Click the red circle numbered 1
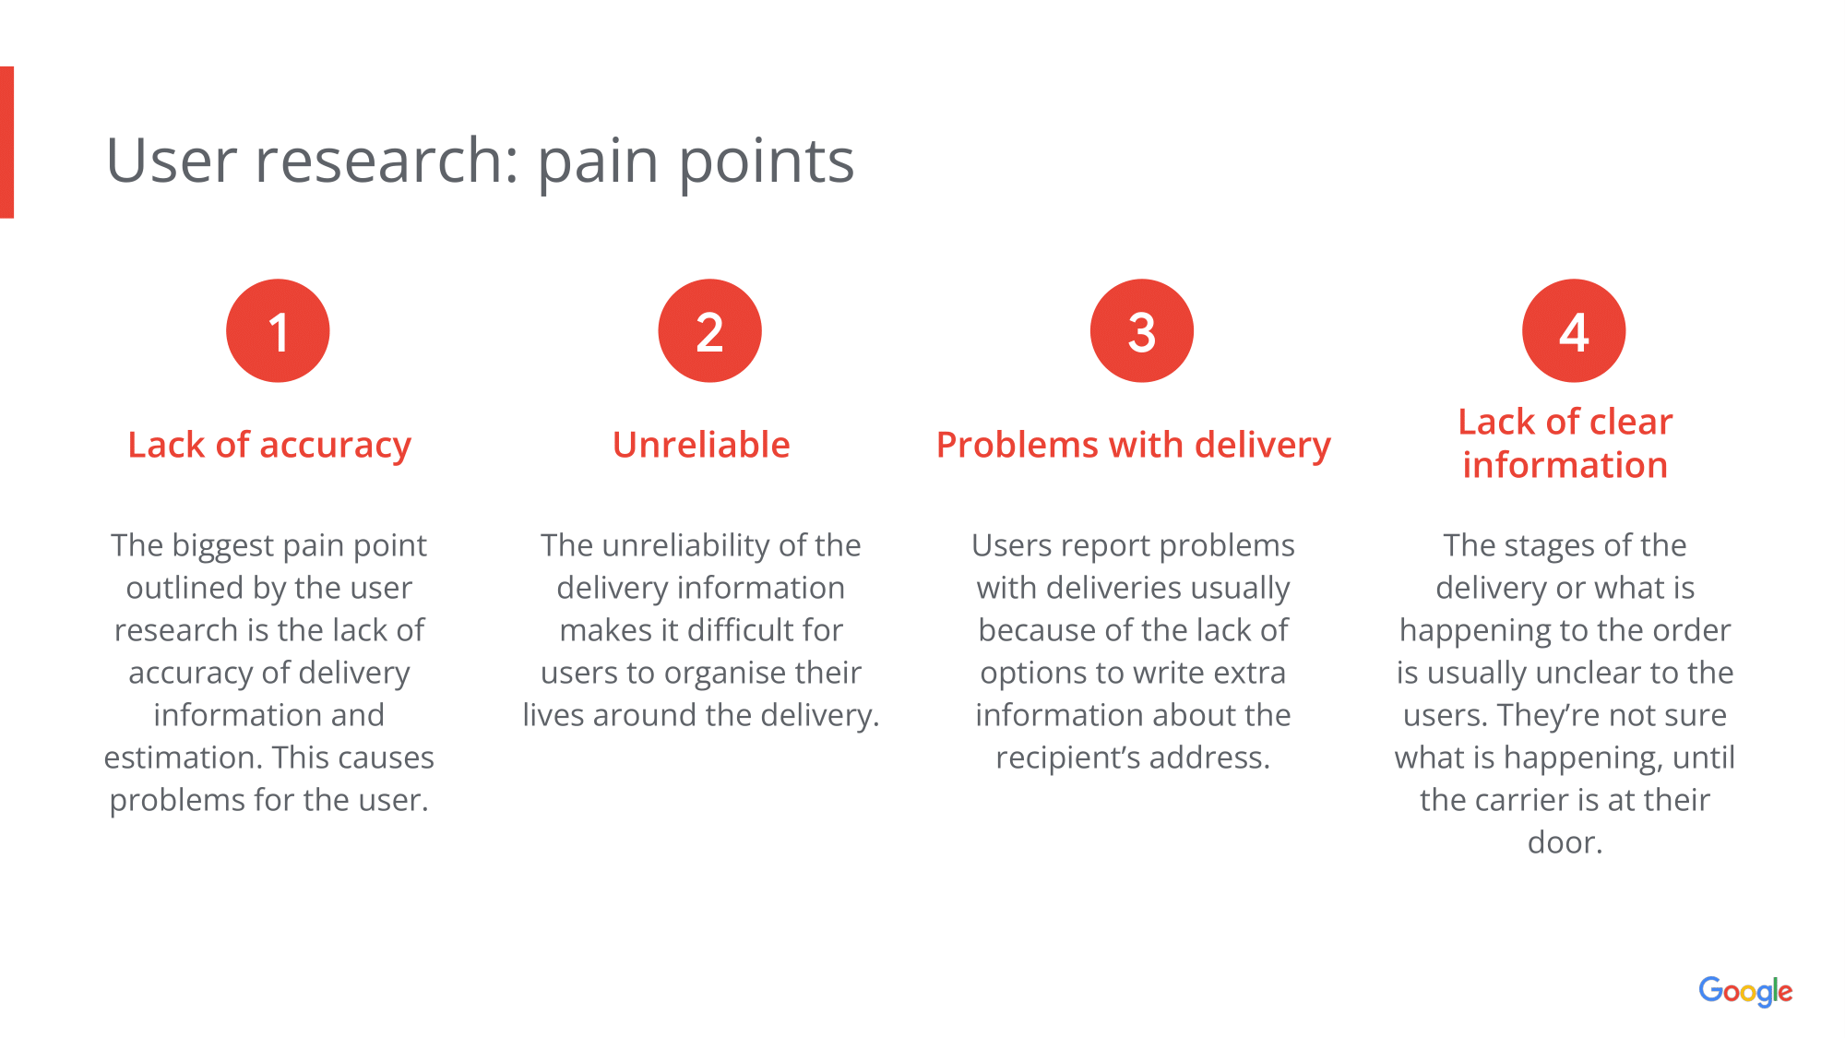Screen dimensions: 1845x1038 click(278, 330)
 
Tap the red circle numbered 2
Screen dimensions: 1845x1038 click(709, 330)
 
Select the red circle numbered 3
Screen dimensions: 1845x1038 click(1141, 330)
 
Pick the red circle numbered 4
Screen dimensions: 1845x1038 click(1573, 330)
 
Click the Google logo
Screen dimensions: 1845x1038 click(1745, 992)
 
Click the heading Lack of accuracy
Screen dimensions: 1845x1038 click(269, 445)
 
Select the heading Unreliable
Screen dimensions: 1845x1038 click(701, 445)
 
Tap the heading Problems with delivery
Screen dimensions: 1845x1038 click(1133, 445)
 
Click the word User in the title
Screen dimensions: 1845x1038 click(173, 161)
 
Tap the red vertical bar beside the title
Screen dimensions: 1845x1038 click(6, 142)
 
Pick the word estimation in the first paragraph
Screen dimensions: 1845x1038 click(183, 758)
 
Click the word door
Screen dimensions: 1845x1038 click(1565, 842)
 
